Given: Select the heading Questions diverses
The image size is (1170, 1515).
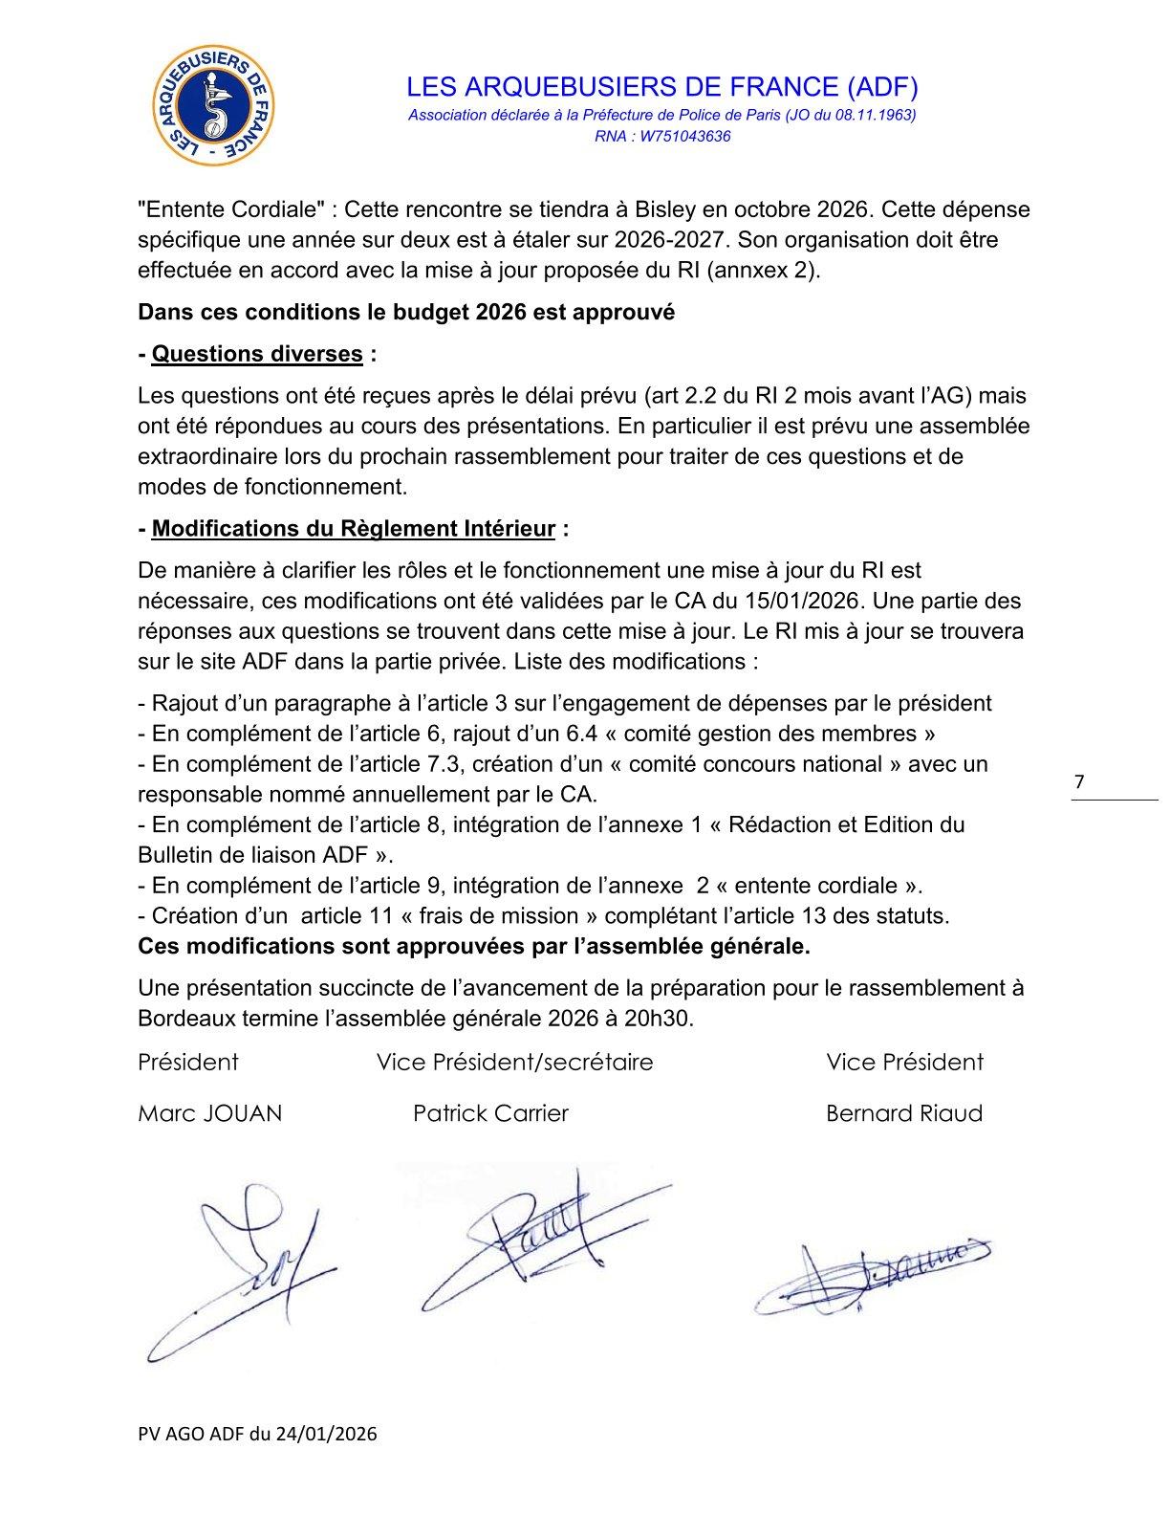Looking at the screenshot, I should tap(257, 354).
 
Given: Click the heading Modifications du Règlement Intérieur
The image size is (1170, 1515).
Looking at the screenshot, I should tap(354, 529).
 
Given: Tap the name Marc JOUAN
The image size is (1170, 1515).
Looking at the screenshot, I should tap(210, 1113).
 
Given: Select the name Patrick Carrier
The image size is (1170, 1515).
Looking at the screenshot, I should tap(490, 1113).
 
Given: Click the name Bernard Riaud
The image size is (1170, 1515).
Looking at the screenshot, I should tap(903, 1113).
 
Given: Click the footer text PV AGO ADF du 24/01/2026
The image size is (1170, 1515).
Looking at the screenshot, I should tap(257, 1433).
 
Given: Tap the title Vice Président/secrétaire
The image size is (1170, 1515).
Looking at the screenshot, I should tap(515, 1062).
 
